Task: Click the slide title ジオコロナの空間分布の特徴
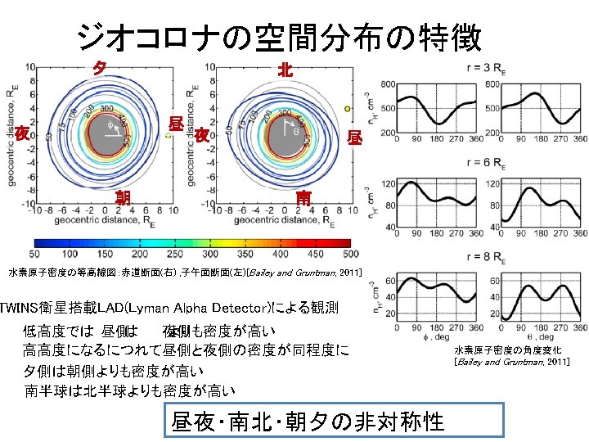click(x=279, y=36)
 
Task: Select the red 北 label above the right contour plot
click(x=284, y=70)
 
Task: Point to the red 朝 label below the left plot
click(x=123, y=196)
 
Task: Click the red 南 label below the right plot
click(x=303, y=196)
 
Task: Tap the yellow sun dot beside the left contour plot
click(x=167, y=137)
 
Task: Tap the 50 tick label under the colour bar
click(x=35, y=254)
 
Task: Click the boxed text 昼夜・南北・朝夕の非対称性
click(x=307, y=421)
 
